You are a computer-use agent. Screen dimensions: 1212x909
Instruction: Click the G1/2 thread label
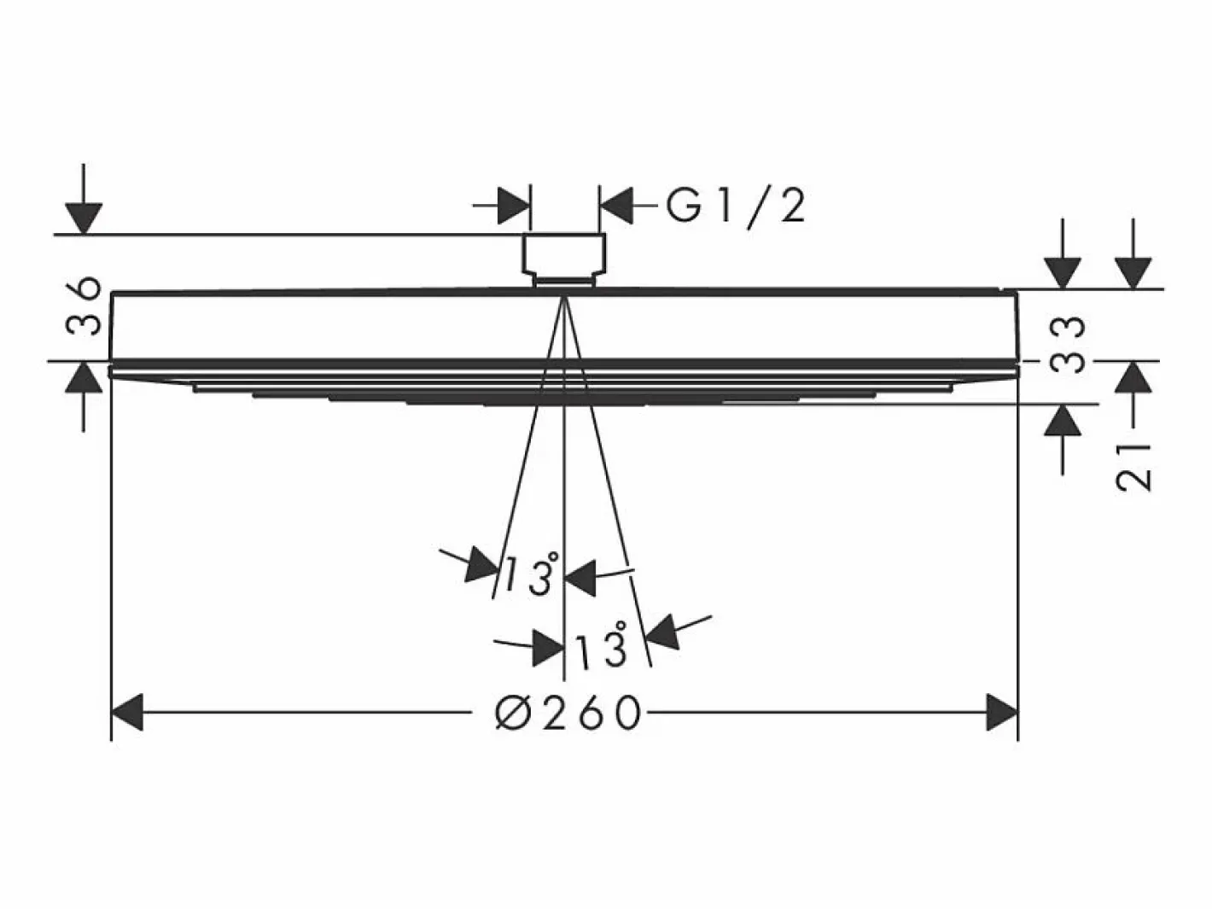tap(736, 207)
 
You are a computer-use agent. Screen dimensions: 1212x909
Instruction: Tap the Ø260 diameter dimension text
tap(568, 713)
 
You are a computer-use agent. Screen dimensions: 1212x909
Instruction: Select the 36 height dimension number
tap(84, 306)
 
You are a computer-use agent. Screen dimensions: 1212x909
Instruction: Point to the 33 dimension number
tap(1068, 345)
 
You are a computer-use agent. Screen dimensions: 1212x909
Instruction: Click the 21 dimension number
tap(1133, 466)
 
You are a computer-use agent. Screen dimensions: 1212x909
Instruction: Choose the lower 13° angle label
tap(601, 643)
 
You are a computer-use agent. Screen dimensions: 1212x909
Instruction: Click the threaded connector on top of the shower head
tap(564, 259)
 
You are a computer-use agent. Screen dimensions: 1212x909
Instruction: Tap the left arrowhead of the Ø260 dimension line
tap(127, 713)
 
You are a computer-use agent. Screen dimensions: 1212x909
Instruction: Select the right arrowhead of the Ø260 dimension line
tap(1002, 713)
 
